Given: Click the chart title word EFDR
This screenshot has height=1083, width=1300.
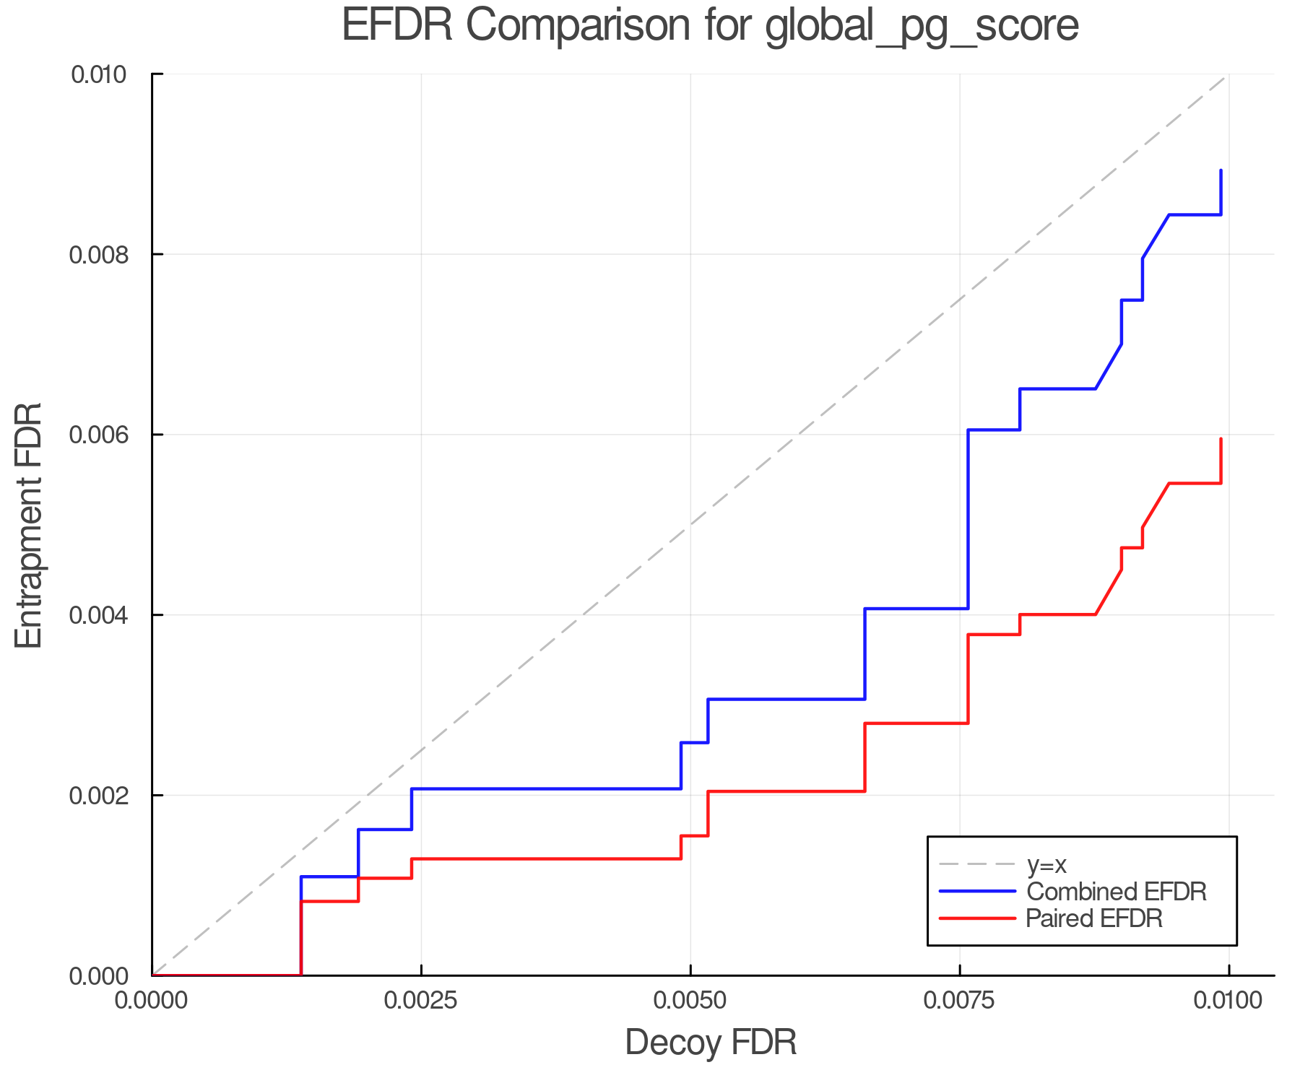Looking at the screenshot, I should [x=396, y=26].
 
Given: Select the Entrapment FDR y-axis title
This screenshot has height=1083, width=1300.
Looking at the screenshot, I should [x=30, y=525].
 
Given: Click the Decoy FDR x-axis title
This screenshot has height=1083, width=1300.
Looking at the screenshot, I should [x=711, y=1043].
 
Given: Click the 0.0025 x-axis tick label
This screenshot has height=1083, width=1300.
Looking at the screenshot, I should [x=421, y=1001].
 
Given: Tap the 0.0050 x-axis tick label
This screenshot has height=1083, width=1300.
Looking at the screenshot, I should [x=690, y=1001].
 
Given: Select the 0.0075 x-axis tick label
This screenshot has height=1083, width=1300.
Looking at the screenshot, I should [x=960, y=1001].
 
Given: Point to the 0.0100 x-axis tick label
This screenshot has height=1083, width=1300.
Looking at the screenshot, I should [x=1228, y=1001].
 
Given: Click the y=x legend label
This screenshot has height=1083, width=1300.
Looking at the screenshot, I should [x=1046, y=864].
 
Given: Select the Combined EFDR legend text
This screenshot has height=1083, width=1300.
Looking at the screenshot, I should [x=1117, y=892].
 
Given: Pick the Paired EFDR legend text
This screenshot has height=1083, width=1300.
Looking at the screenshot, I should [x=1094, y=918].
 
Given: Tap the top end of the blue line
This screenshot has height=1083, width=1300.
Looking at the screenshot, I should [x=1221, y=170].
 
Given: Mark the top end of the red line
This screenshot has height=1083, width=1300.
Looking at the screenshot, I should [x=1221, y=439].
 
